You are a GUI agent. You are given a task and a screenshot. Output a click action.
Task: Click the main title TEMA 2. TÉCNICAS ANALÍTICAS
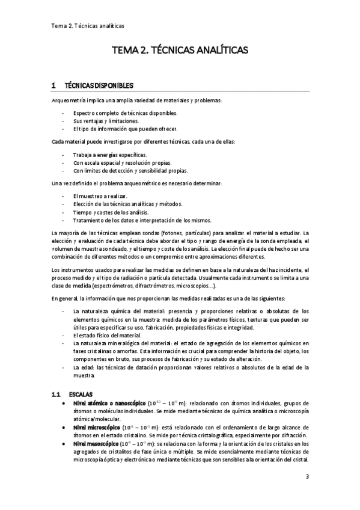[180, 52]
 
